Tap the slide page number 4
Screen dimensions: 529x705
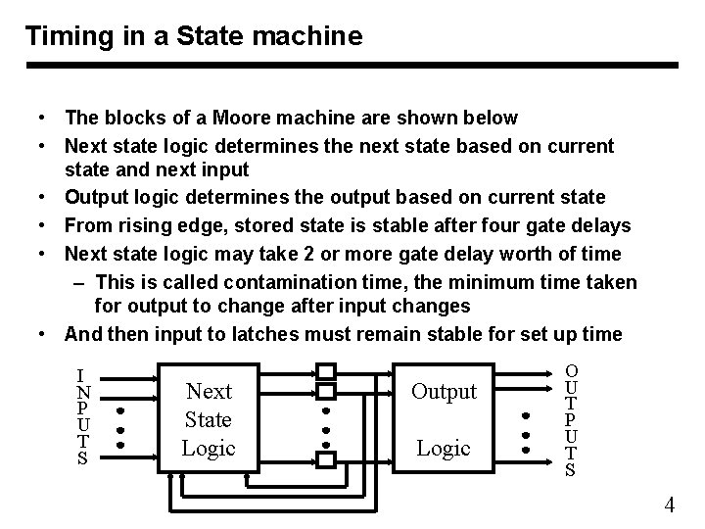coord(670,505)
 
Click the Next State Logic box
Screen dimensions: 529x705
coord(209,419)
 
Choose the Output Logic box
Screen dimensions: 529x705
coord(444,419)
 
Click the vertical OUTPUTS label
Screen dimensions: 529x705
coord(571,419)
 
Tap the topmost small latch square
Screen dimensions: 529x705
coord(326,371)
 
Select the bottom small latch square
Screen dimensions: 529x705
coord(326,458)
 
